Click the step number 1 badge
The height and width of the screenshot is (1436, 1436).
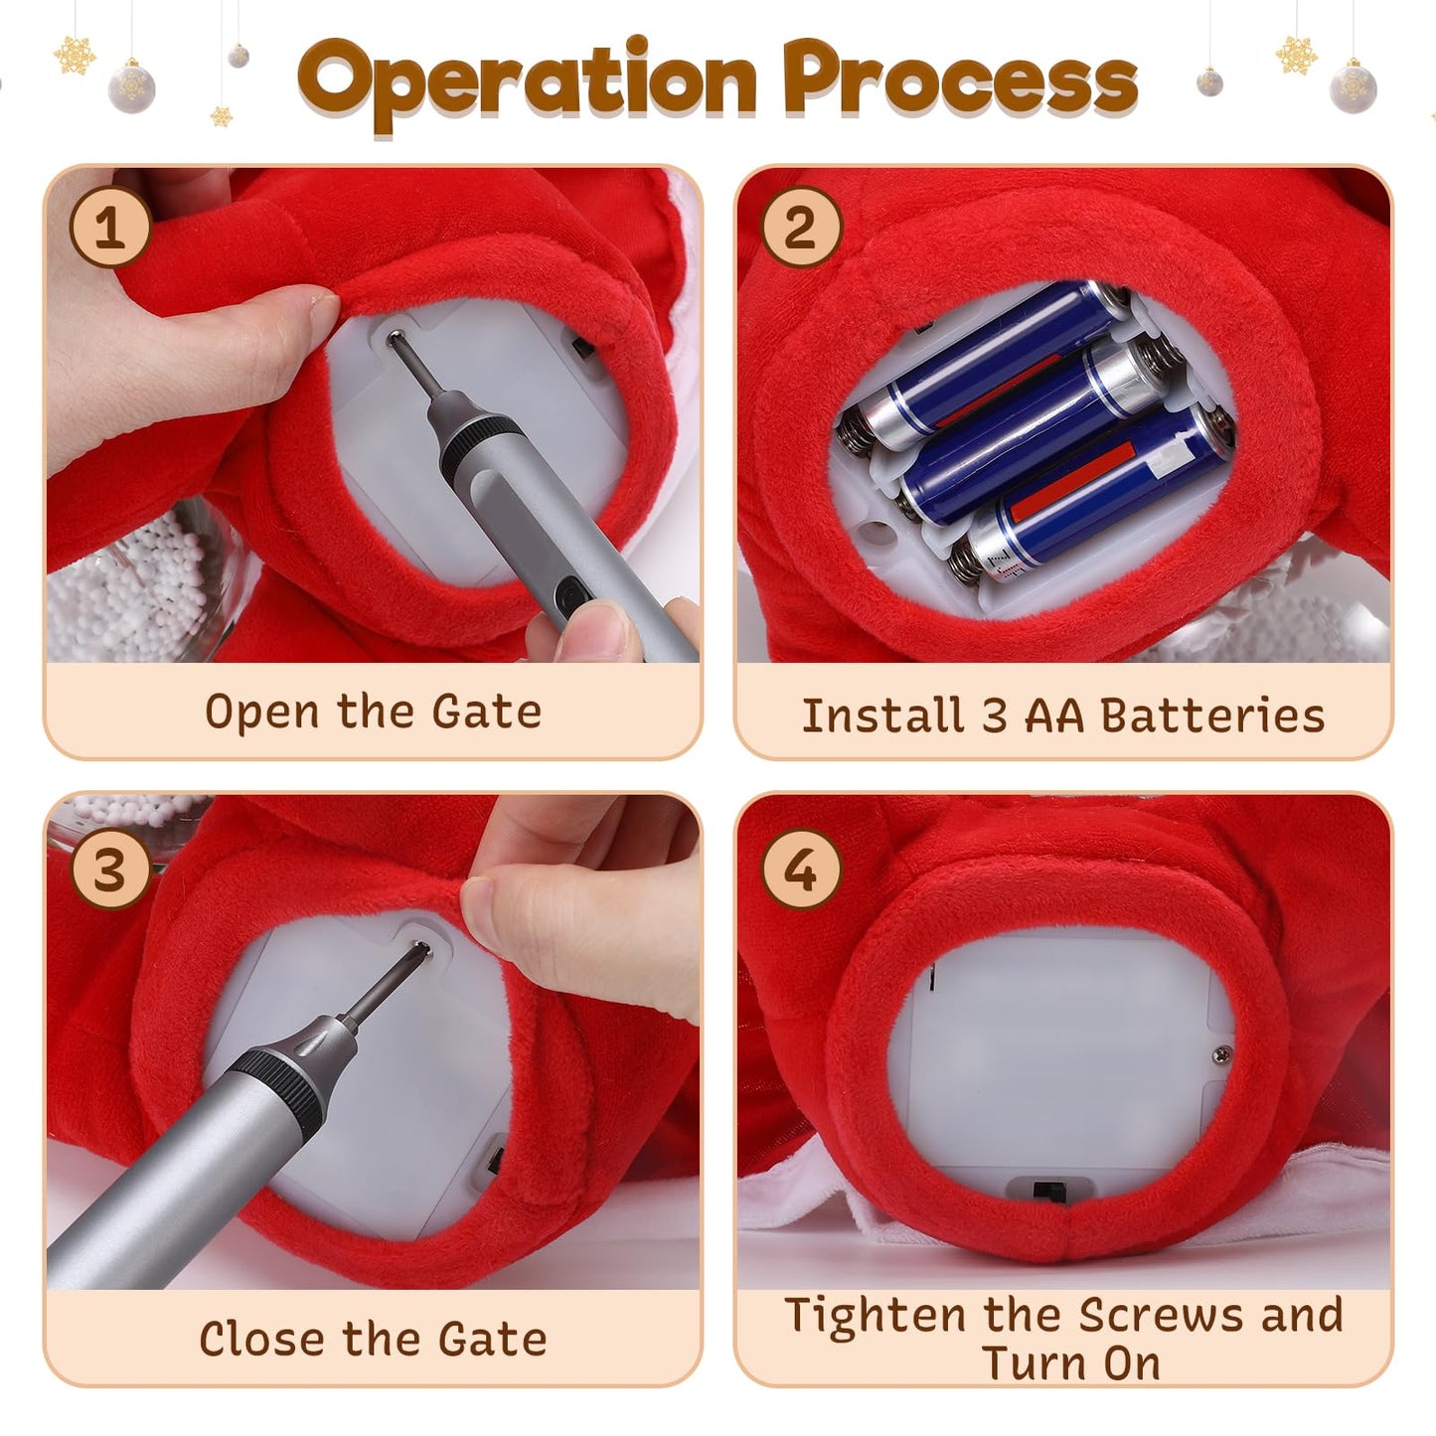click(x=110, y=227)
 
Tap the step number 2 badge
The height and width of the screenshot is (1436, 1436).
click(x=801, y=227)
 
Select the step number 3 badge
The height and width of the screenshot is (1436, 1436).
click(x=110, y=870)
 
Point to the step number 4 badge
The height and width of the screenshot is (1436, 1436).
click(x=801, y=870)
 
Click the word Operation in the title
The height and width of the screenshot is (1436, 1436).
click(x=527, y=81)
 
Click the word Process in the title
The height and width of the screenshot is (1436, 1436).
click(x=961, y=79)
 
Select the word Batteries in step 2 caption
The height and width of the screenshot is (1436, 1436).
click(x=1212, y=716)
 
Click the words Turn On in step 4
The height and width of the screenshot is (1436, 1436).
click(x=1071, y=1363)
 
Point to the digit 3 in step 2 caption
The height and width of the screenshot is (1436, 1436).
click(x=994, y=716)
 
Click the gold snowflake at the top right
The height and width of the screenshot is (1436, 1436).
click(x=1296, y=55)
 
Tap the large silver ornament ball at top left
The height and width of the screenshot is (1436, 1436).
click(x=131, y=87)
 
